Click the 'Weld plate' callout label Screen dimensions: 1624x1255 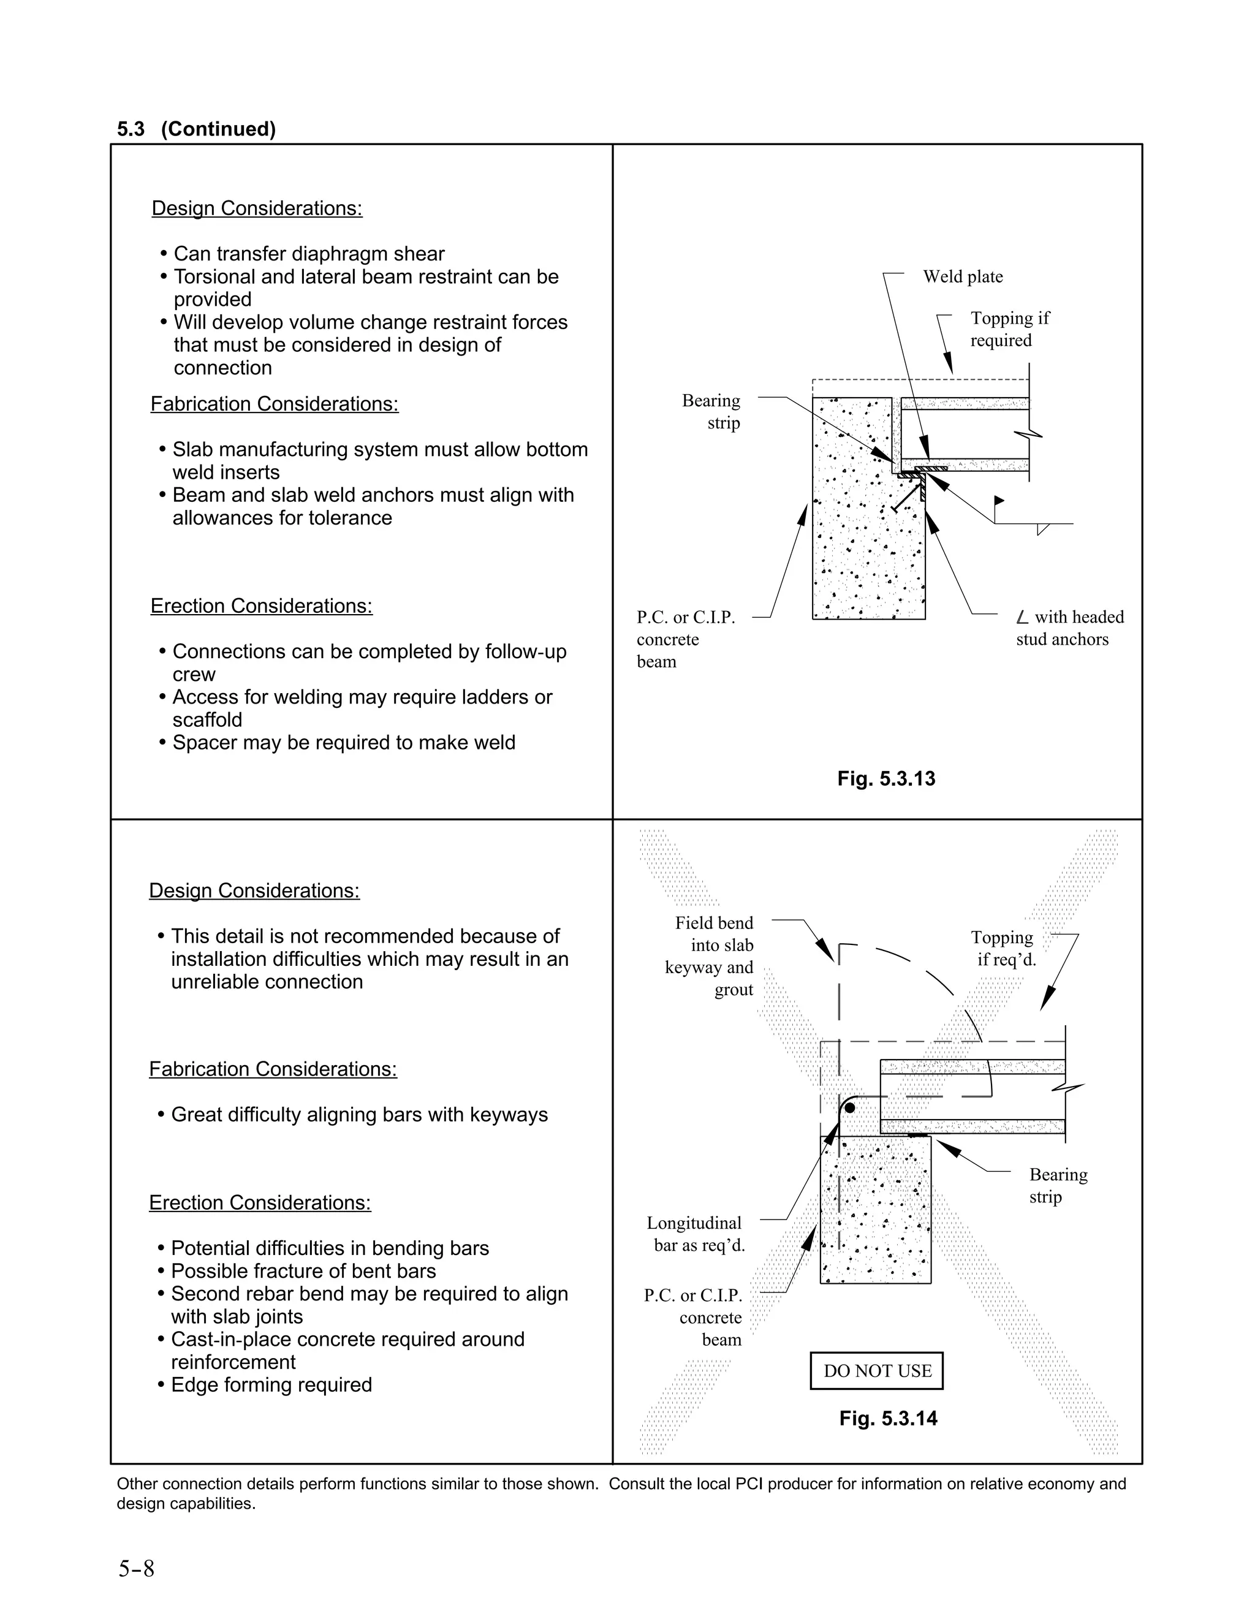coord(962,276)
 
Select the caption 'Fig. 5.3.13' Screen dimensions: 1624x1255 coord(885,778)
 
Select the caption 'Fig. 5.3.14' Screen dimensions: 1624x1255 coord(888,1418)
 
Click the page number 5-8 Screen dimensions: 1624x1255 coord(136,1569)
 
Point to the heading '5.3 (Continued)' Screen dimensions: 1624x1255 coord(196,129)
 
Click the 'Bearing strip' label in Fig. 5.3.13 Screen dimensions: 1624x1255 coord(711,411)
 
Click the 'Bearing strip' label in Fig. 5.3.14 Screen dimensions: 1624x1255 coord(1057,1185)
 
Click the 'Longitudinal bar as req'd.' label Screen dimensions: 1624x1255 coord(695,1234)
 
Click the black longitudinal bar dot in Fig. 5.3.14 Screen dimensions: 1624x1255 coord(850,1108)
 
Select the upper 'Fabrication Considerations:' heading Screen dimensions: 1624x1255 coord(275,404)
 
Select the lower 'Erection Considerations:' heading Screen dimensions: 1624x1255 coord(259,1202)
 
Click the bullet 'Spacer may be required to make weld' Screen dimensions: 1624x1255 coord(344,742)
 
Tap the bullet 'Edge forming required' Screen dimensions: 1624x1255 coord(271,1384)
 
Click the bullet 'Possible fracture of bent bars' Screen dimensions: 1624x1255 coord(303,1271)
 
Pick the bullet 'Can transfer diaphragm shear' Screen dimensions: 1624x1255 coord(309,254)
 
